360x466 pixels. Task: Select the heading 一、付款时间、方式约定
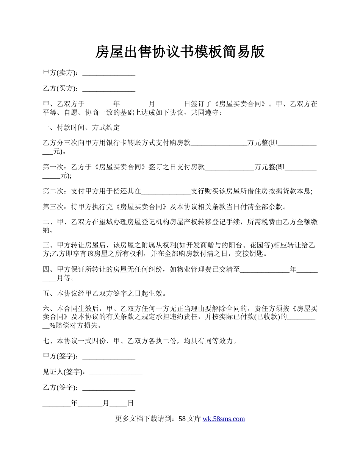81,128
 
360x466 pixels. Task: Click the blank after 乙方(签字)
109,388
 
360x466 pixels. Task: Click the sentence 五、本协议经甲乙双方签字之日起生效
104,294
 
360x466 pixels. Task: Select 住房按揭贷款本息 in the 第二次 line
283,192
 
